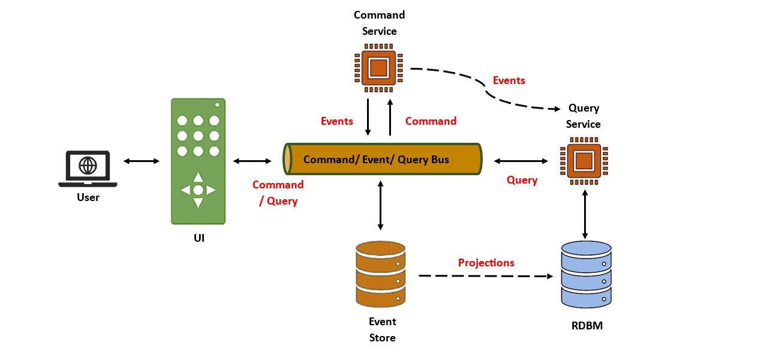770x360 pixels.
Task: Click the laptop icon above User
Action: point(88,169)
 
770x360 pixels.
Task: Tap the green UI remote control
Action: point(198,161)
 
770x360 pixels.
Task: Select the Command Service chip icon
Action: point(378,68)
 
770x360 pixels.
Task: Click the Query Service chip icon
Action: point(584,161)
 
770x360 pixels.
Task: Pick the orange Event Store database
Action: point(380,274)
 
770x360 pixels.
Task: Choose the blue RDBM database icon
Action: point(586,275)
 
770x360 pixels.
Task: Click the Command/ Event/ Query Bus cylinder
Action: point(383,160)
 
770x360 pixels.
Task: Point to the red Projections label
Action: point(486,263)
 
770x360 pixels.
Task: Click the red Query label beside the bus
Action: point(522,180)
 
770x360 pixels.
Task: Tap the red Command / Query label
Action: point(278,193)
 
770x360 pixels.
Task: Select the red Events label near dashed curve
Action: point(509,80)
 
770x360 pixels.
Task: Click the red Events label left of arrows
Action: point(336,121)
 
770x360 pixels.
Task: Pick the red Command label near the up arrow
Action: point(431,121)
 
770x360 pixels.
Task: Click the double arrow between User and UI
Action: point(142,161)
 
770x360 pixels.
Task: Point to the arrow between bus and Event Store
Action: point(380,204)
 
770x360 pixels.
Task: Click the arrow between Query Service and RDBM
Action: point(585,213)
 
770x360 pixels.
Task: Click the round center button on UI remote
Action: point(198,190)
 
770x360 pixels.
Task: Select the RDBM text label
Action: point(586,326)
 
